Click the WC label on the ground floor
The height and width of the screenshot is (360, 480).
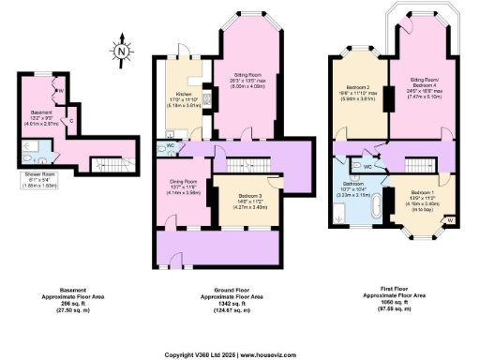click(x=171, y=147)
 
